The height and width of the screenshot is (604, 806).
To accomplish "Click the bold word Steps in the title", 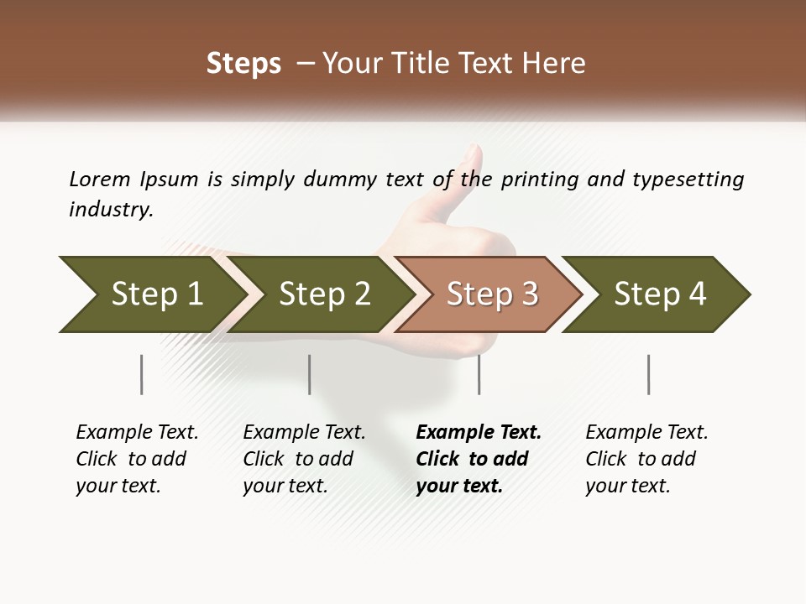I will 243,64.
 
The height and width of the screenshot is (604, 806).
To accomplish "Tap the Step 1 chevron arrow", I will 147,294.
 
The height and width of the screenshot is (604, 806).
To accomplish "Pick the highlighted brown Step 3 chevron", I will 491,294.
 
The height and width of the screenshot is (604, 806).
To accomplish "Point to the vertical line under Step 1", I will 142,374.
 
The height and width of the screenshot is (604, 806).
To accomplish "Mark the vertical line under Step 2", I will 310,374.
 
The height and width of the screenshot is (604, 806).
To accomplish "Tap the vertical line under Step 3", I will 479,374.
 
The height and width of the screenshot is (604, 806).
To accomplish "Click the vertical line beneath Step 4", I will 648,374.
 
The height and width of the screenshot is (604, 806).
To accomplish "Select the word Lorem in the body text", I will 99,180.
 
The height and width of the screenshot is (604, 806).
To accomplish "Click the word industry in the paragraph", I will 110,210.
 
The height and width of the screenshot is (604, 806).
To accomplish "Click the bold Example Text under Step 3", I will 479,433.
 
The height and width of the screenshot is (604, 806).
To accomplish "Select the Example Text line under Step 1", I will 137,433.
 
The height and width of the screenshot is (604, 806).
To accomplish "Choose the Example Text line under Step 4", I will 646,433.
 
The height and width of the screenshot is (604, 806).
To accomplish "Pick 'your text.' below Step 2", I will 285,486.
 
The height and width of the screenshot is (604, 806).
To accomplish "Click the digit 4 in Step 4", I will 696,294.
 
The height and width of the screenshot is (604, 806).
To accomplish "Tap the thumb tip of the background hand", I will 474,153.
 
